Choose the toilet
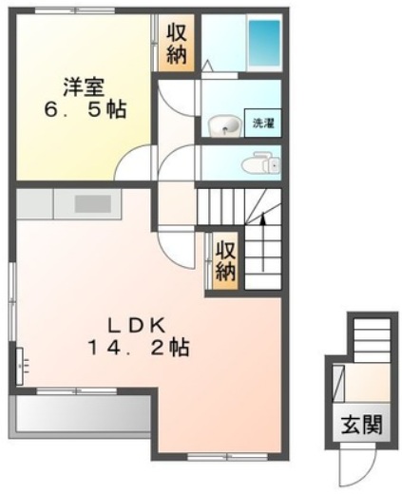[258, 165]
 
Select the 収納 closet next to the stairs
[224, 258]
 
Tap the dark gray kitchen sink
[93, 202]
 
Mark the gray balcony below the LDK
[81, 416]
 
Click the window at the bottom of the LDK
[215, 455]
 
